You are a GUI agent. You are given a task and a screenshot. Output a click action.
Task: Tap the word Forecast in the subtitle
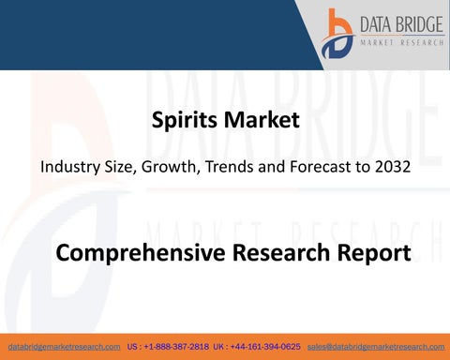320,171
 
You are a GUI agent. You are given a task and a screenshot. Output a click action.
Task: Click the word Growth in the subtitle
165,171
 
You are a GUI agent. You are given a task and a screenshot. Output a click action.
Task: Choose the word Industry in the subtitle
68,171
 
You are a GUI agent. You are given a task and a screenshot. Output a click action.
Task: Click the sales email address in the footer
375,347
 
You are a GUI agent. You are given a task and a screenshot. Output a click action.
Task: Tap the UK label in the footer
222,347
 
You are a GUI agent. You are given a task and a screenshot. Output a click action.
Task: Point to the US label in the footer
133,347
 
